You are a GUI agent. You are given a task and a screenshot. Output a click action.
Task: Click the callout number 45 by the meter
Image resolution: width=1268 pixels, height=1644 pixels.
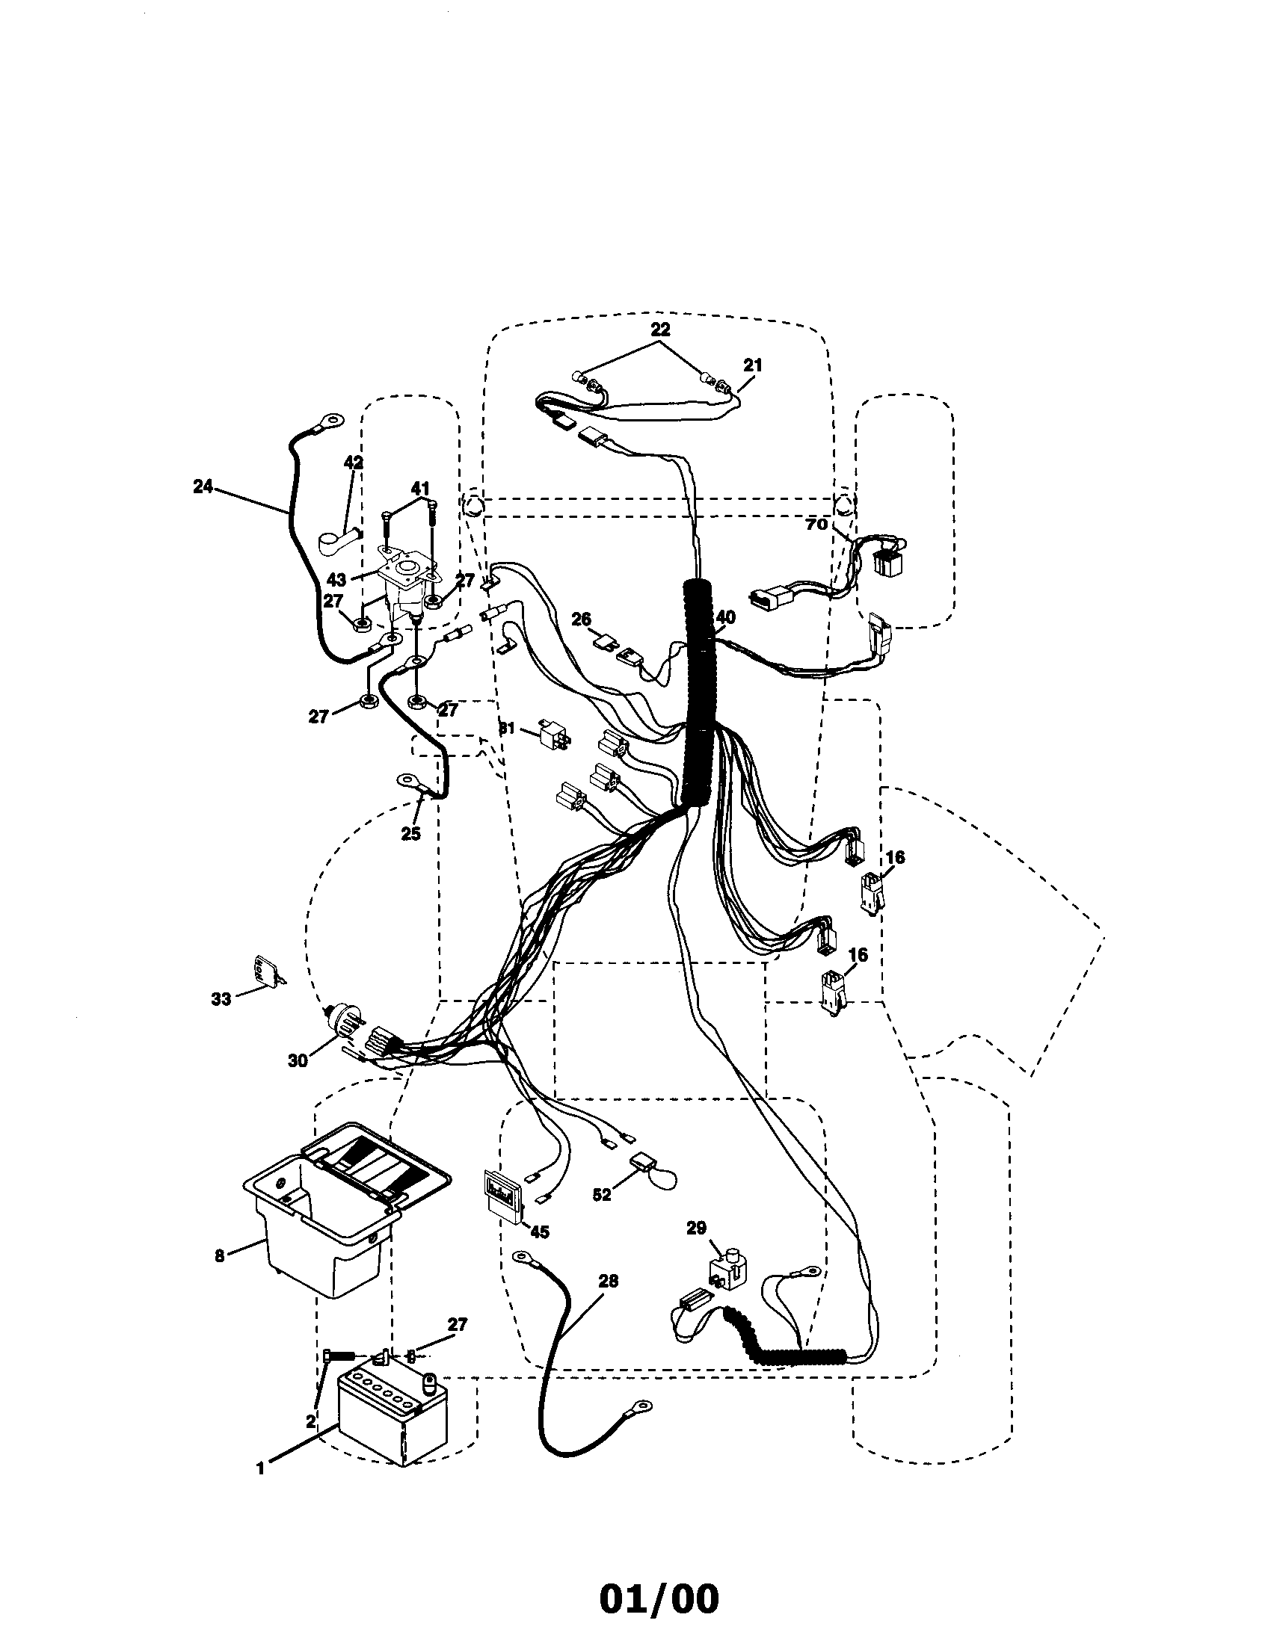pyautogui.click(x=539, y=1232)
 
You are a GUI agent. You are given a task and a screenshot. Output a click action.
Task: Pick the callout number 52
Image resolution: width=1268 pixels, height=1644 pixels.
pyautogui.click(x=602, y=1195)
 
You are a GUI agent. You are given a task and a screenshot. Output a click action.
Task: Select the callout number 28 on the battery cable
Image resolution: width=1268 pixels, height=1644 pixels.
pyautogui.click(x=608, y=1280)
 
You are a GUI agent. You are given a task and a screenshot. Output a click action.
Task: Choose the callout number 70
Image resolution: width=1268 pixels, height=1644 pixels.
pyautogui.click(x=816, y=524)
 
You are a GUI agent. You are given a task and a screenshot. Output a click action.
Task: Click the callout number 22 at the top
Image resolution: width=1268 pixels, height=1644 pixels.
pyautogui.click(x=660, y=330)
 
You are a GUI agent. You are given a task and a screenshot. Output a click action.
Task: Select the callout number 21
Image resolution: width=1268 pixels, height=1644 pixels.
pyautogui.click(x=752, y=365)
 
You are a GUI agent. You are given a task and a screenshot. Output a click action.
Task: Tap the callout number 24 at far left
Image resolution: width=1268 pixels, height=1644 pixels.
pyautogui.click(x=203, y=487)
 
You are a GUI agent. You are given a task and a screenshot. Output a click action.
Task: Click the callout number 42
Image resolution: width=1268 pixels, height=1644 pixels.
pyautogui.click(x=353, y=462)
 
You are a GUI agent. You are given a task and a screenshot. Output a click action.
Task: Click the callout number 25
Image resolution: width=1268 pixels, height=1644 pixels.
pyautogui.click(x=410, y=833)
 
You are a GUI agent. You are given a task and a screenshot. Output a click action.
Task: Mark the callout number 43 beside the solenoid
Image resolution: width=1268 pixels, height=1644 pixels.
pyautogui.click(x=336, y=581)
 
